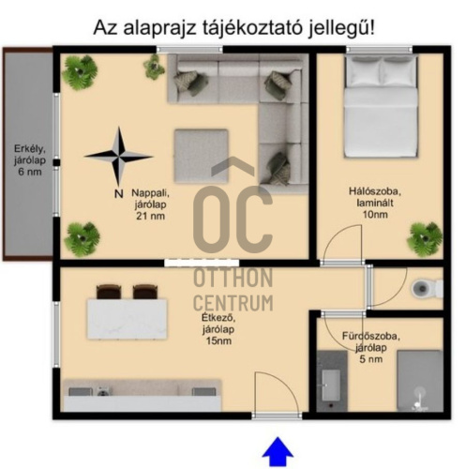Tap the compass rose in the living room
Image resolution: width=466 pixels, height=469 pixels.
click(118, 157)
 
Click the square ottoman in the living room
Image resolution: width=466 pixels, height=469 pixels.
click(202, 156)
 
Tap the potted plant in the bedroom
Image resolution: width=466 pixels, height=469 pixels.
click(424, 237)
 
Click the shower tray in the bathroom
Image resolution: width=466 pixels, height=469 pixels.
click(418, 381)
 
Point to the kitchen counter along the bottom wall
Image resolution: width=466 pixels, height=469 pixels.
click(141, 394)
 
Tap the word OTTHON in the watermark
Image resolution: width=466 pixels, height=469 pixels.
click(233, 279)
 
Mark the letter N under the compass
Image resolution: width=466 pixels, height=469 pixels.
click(116, 194)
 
